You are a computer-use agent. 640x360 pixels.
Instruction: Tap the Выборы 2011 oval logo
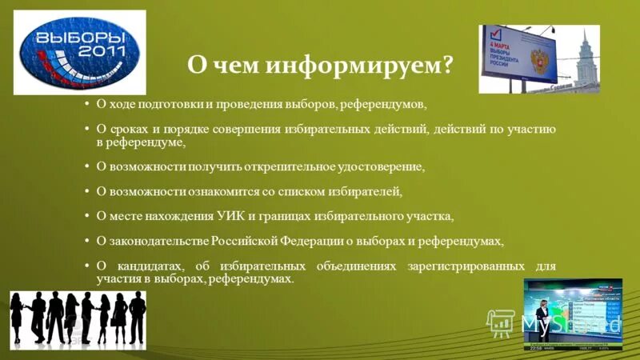point(78,52)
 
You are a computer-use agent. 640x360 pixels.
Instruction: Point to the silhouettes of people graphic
point(78,318)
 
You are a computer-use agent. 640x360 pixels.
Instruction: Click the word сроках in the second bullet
point(129,129)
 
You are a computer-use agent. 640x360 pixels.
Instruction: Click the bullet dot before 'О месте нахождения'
point(86,216)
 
